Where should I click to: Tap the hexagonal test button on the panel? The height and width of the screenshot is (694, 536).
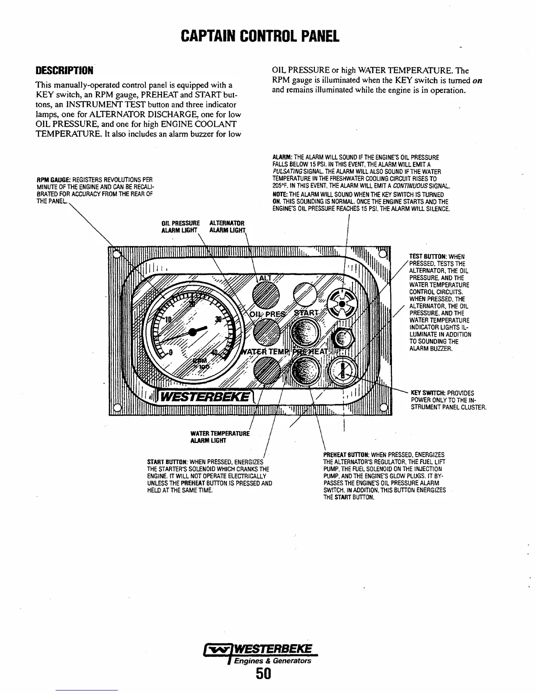343,338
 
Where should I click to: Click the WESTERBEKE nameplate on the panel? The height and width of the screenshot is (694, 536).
206,398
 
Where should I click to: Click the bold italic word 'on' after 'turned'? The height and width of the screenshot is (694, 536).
478,81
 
